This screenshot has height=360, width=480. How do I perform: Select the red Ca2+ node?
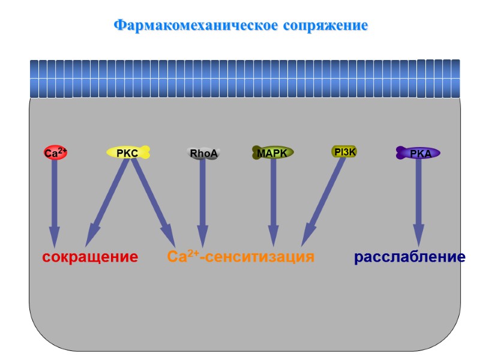tap(55, 154)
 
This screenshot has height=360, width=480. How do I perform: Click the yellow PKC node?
tap(128, 153)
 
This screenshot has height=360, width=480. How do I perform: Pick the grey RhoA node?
tap(203, 154)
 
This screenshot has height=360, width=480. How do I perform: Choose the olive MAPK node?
tap(272, 153)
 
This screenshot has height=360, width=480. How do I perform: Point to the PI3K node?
tap(344, 152)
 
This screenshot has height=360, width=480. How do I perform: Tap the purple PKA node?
tap(418, 154)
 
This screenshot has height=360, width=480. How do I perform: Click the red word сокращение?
tap(90, 257)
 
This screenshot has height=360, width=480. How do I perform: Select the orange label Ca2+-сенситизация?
tap(241, 257)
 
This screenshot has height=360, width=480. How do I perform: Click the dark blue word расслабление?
tap(410, 257)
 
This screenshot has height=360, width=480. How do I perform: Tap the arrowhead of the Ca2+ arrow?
tap(55, 238)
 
